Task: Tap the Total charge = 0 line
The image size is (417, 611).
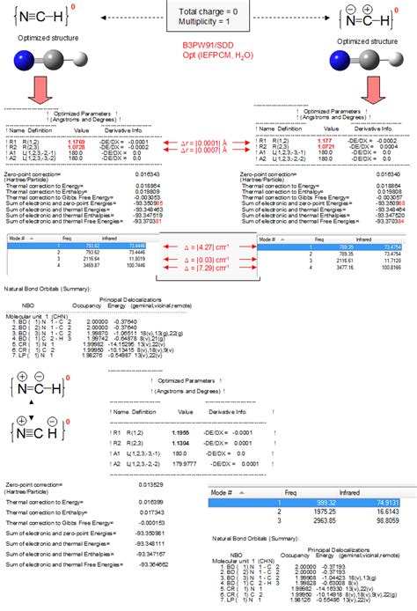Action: (208, 10)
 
